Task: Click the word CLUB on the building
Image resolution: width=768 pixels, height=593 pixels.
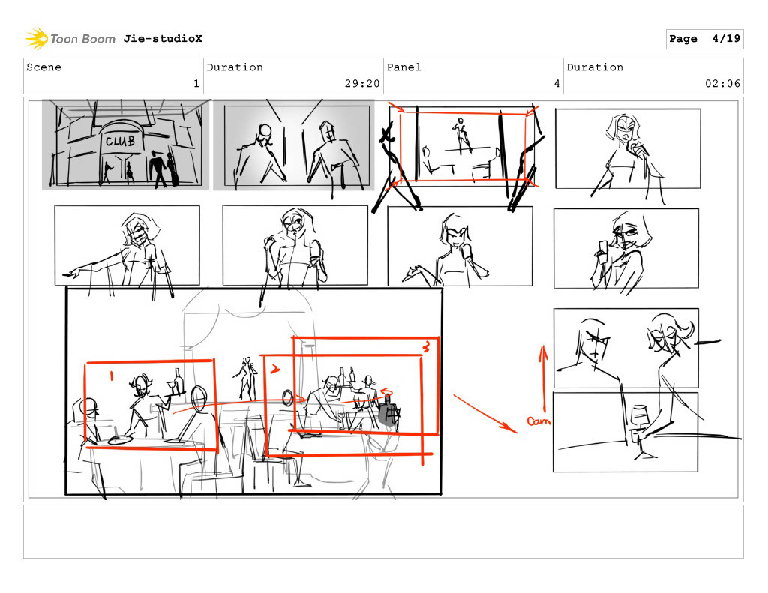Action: click(x=120, y=141)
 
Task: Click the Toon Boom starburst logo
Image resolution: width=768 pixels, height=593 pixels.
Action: click(x=37, y=39)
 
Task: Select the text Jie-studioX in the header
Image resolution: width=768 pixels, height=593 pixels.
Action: click(x=163, y=39)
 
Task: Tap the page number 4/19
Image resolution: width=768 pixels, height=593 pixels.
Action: click(x=726, y=39)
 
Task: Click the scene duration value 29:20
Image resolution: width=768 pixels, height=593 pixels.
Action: click(x=362, y=84)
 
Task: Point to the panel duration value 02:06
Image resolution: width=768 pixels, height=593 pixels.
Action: click(x=722, y=84)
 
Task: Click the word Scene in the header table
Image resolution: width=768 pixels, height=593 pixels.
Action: click(x=44, y=67)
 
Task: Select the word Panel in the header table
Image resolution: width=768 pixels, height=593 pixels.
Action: click(x=404, y=67)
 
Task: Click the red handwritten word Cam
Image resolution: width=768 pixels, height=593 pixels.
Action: click(x=538, y=421)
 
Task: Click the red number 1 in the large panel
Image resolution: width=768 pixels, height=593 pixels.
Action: click(x=111, y=376)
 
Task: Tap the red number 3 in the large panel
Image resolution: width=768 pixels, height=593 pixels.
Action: click(x=426, y=346)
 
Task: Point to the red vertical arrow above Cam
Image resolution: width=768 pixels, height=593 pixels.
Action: click(x=543, y=379)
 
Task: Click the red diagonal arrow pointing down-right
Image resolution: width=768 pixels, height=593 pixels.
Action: click(x=485, y=414)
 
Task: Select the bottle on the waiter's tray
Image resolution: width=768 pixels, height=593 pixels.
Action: click(x=178, y=381)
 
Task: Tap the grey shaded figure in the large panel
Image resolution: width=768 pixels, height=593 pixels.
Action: click(x=388, y=412)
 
